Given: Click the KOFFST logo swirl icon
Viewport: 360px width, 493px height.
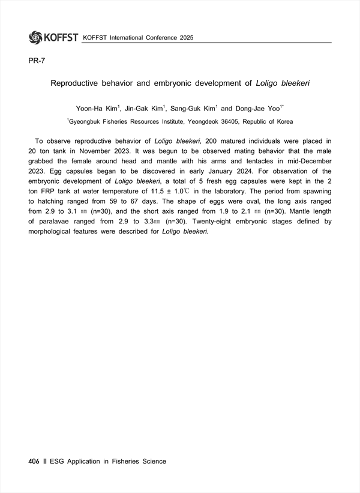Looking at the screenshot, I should pos(36,37).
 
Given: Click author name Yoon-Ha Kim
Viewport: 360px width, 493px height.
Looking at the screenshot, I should pos(97,109).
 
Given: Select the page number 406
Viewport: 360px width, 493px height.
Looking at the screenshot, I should pos(34,461).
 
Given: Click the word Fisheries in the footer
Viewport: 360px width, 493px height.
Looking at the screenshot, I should pos(122,461).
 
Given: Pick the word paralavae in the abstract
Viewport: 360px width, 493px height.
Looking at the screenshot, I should pos(60,222).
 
